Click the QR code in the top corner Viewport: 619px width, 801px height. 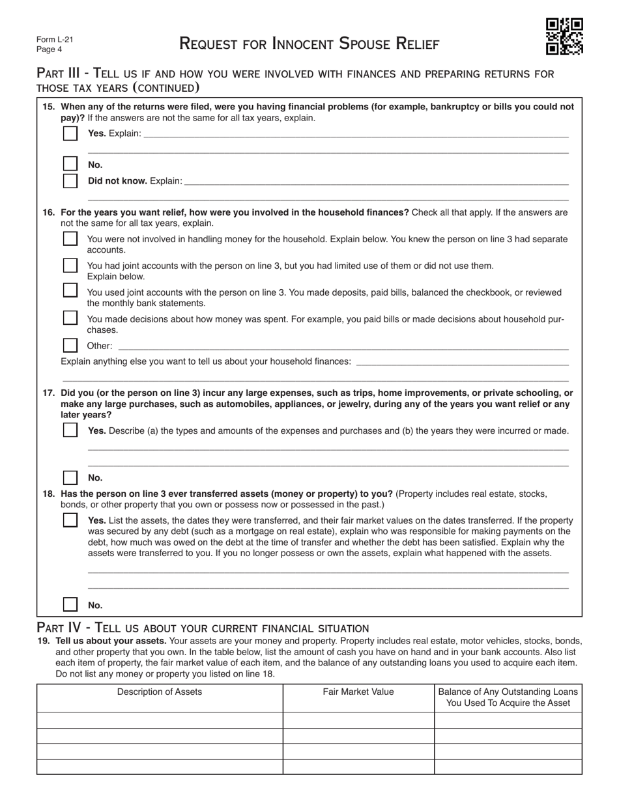pyautogui.click(x=564, y=36)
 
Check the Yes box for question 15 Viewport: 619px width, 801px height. pyautogui.click(x=70, y=133)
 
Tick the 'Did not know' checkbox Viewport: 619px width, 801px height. pyautogui.click(x=70, y=180)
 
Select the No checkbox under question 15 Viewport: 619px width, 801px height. pyautogui.click(x=70, y=164)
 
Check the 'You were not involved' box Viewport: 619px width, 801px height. pyautogui.click(x=70, y=239)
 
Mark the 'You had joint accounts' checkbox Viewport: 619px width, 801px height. pyautogui.click(x=70, y=266)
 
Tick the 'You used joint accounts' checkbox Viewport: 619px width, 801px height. pyautogui.click(x=70, y=290)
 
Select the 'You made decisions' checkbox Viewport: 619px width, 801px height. pyautogui.click(x=70, y=318)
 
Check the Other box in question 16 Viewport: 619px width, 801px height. pyautogui.click(x=70, y=345)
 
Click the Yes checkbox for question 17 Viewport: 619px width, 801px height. pyautogui.click(x=70, y=430)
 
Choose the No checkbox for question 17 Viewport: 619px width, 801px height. pyautogui.click(x=70, y=477)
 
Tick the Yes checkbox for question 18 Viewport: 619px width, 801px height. pyautogui.click(x=70, y=520)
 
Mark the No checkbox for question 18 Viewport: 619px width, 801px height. pyautogui.click(x=70, y=604)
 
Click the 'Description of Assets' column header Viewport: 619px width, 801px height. pyautogui.click(x=160, y=692)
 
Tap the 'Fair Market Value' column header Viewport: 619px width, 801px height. pyautogui.click(x=358, y=692)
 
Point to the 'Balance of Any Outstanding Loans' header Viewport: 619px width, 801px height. pyautogui.click(x=508, y=697)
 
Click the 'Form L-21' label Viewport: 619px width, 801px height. pyautogui.click(x=55, y=40)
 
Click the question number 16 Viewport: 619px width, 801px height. pyautogui.click(x=49, y=212)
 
